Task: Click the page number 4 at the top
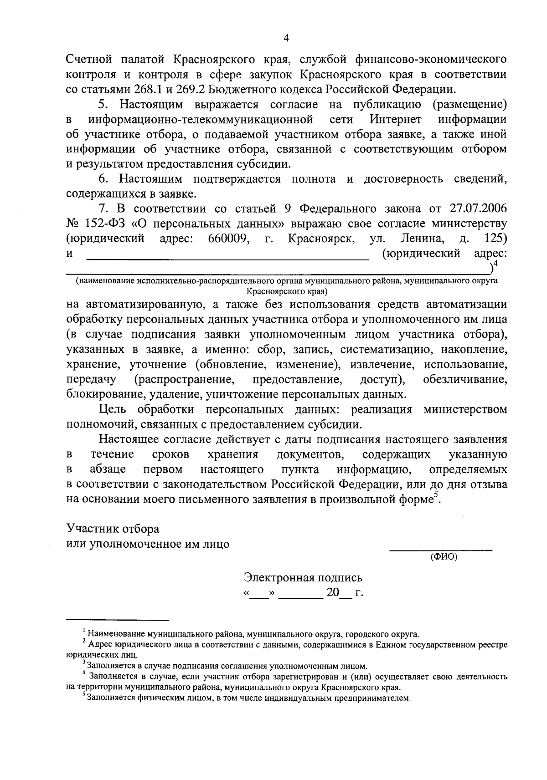(x=286, y=39)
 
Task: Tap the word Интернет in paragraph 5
(x=395, y=120)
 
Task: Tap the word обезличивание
(x=465, y=379)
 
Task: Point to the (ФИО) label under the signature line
(x=444, y=556)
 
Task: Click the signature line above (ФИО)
(x=440, y=551)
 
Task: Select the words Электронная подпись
(x=304, y=578)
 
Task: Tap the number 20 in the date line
(x=333, y=593)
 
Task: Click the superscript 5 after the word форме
(x=435, y=495)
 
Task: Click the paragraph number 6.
(x=103, y=179)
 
